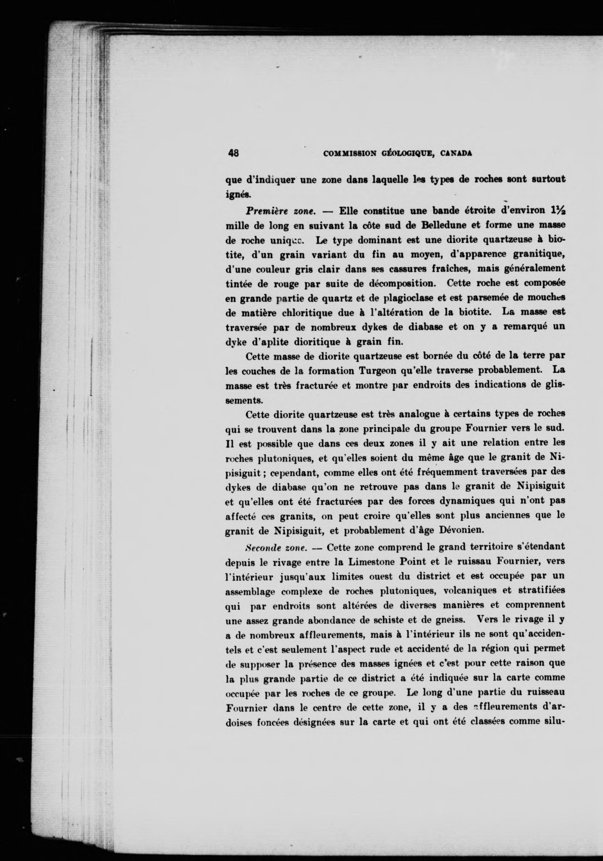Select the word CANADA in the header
pyautogui.click(x=456, y=153)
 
